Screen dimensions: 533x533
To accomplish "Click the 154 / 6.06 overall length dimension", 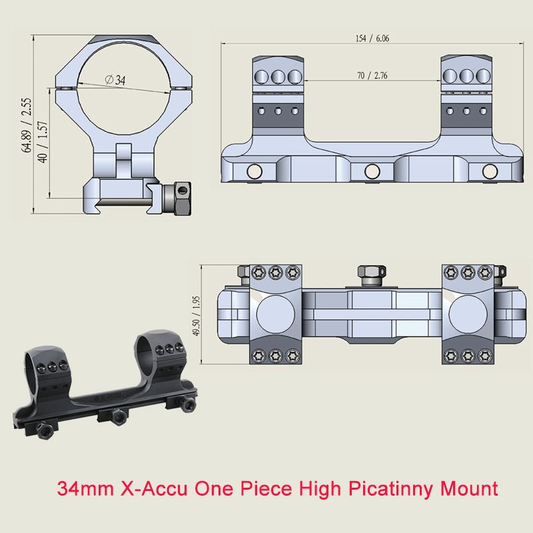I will (x=372, y=38).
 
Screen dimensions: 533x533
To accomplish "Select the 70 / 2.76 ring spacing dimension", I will (x=372, y=75).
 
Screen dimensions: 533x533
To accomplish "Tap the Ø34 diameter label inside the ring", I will (x=115, y=80).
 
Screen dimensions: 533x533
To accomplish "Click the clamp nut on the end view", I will (x=181, y=199).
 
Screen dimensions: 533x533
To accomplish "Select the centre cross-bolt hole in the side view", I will (x=371, y=173).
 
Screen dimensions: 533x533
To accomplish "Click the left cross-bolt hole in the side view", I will (x=254, y=173).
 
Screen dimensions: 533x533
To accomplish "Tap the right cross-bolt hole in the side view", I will (x=490, y=173).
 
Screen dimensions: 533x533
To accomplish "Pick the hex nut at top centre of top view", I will (x=371, y=273).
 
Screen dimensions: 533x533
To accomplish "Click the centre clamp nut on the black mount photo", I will (x=119, y=417).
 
